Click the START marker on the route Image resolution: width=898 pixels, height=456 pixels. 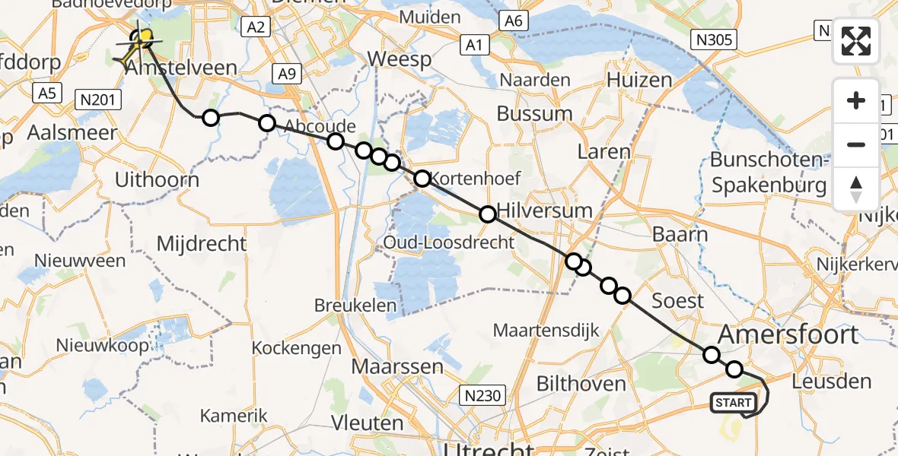(733, 403)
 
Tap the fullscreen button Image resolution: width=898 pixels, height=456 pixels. (856, 40)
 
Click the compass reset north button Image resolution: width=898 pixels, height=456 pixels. (856, 189)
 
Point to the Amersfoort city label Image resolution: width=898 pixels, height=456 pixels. (788, 334)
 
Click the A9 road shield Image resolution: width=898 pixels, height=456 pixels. (287, 74)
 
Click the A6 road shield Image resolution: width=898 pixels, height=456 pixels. (514, 21)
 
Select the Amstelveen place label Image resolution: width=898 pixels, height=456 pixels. (182, 68)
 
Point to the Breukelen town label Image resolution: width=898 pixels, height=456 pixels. (356, 306)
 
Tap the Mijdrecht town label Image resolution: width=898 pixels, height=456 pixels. (202, 243)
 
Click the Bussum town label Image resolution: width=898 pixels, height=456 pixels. (534, 114)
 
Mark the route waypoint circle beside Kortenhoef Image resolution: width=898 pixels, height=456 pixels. (422, 179)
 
